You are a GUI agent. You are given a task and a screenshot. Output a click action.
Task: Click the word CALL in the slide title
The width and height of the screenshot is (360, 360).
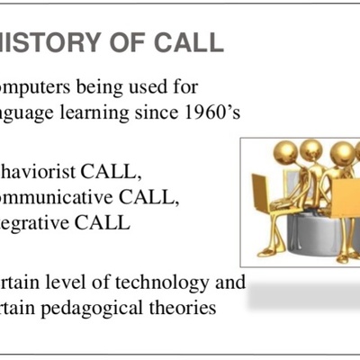pos(187,43)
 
